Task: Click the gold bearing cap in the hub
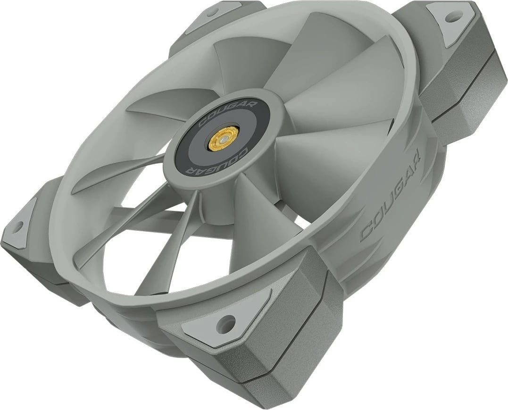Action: (219, 138)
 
